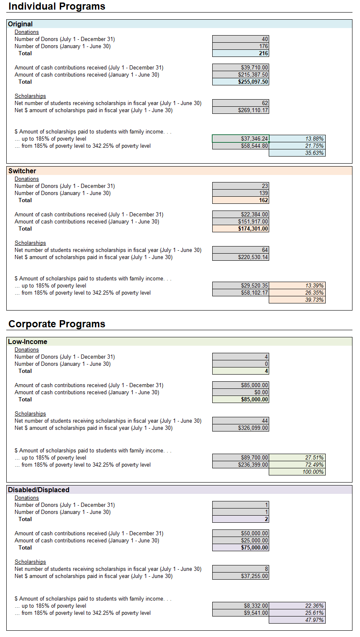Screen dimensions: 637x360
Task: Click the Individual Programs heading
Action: pyautogui.click(x=57, y=6)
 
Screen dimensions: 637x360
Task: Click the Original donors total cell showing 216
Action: pyautogui.click(x=241, y=53)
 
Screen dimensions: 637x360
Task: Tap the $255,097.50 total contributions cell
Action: pyautogui.click(x=241, y=82)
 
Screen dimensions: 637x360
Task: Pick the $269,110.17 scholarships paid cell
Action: pyautogui.click(x=241, y=110)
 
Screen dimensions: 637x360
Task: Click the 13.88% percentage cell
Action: pyautogui.click(x=297, y=139)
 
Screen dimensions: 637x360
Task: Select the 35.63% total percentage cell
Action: pyautogui.click(x=297, y=153)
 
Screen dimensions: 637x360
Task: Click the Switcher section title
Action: pyautogui.click(x=22, y=171)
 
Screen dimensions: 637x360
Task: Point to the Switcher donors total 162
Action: pyautogui.click(x=241, y=200)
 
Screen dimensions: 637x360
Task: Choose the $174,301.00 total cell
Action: pyautogui.click(x=241, y=229)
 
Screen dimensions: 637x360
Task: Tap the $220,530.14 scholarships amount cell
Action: pyautogui.click(x=241, y=257)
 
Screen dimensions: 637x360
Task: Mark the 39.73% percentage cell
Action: pyautogui.click(x=297, y=300)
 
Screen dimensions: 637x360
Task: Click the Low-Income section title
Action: pyautogui.click(x=28, y=342)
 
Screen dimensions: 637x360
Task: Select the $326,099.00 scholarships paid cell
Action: pyautogui.click(x=241, y=428)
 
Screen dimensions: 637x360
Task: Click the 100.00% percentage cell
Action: pyautogui.click(x=297, y=472)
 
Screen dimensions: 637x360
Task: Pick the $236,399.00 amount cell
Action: pyautogui.click(x=241, y=465)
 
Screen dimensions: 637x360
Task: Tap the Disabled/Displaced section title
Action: pyautogui.click(x=39, y=490)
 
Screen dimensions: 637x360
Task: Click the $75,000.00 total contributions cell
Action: pyautogui.click(x=241, y=547)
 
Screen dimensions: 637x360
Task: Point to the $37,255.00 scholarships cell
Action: pyautogui.click(x=241, y=576)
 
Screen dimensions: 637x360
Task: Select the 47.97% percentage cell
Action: pyautogui.click(x=297, y=620)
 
